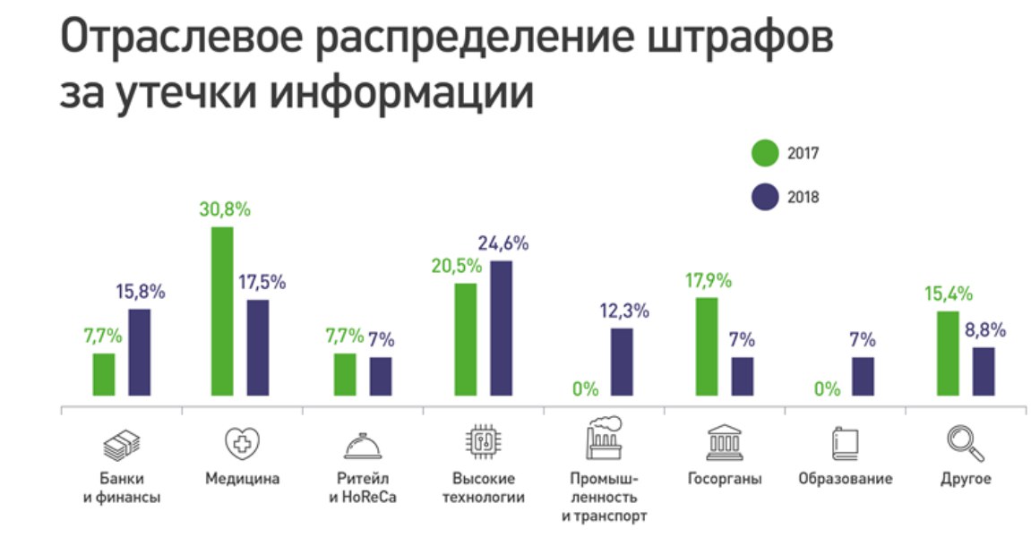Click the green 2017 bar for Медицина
[x=221, y=311]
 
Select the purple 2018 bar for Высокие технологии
[x=501, y=328]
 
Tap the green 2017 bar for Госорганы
[x=707, y=345]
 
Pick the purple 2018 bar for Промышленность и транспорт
[x=622, y=361]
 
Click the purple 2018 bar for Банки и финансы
[x=139, y=352]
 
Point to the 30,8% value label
[x=224, y=211]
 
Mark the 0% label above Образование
[x=827, y=389]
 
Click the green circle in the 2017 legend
[x=765, y=153]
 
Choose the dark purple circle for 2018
[x=765, y=198]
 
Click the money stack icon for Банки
[x=121, y=442]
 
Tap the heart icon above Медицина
[x=242, y=442]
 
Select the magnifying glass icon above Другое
[x=966, y=442]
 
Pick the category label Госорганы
[x=725, y=479]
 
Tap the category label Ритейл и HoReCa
[x=363, y=488]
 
